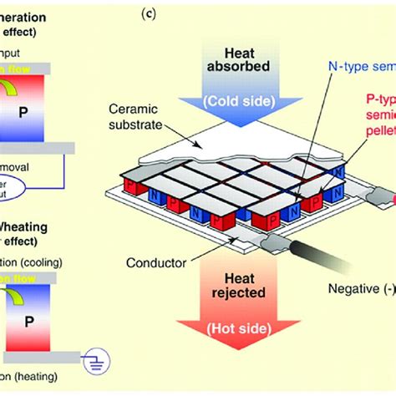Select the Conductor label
[x=156, y=263]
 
